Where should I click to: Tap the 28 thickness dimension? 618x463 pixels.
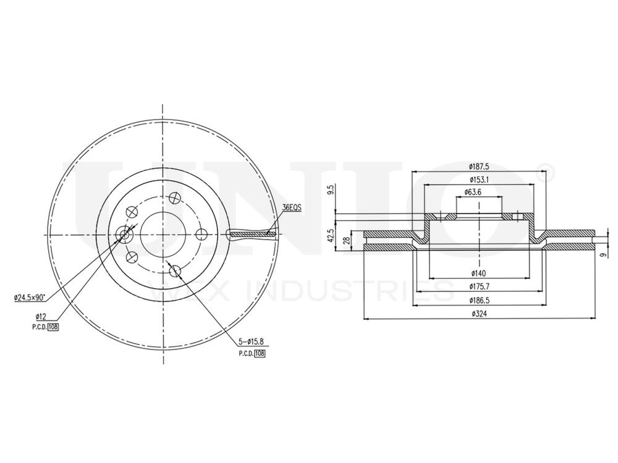tap(347, 239)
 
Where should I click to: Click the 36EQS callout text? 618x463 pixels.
tap(291, 208)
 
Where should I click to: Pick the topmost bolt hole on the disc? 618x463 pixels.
tap(175, 198)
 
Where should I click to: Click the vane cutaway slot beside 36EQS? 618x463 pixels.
tap(250, 234)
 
